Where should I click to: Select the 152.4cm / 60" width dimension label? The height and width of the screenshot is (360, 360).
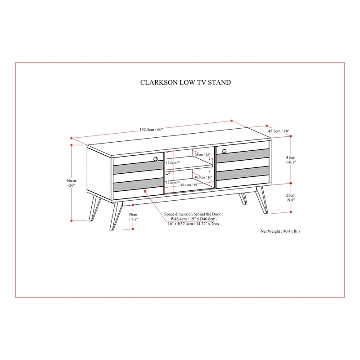[152, 130]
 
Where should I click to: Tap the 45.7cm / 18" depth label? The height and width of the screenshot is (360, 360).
[279, 131]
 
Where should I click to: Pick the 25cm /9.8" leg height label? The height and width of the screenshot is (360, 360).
[291, 198]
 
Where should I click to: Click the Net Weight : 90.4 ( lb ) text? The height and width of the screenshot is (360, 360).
[280, 231]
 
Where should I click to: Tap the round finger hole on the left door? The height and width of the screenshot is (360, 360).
[156, 158]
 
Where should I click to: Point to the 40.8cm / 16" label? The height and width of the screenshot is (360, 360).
[203, 177]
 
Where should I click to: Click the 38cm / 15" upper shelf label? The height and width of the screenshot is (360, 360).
[202, 154]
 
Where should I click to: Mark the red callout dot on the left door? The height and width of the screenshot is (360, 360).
[145, 191]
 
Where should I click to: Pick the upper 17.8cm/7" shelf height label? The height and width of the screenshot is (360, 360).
[172, 162]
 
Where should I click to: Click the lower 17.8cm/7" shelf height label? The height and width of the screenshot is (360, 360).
[172, 183]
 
